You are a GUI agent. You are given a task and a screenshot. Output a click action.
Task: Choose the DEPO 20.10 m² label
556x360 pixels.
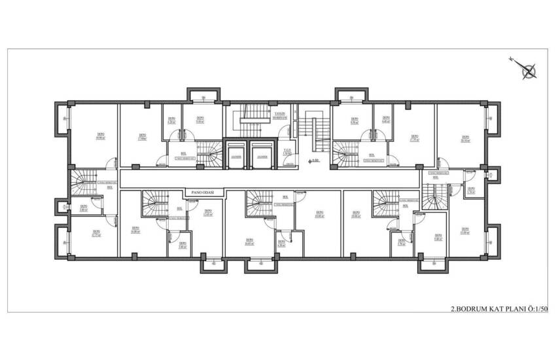pos(464,138)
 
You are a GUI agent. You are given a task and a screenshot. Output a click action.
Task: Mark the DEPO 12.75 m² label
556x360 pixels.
pos(96,232)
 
